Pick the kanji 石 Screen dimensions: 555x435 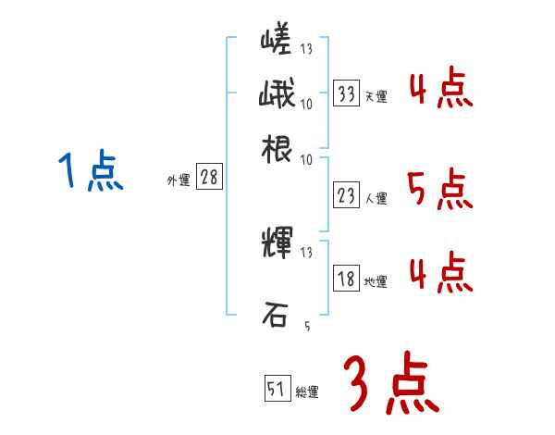(x=275, y=315)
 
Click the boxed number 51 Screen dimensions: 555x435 (x=277, y=389)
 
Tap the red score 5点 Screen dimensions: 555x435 (x=439, y=189)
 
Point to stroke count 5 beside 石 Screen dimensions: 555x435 (x=307, y=327)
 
